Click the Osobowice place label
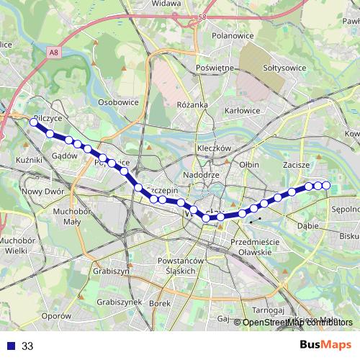point(118,102)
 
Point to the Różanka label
point(192,104)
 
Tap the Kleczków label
point(213,148)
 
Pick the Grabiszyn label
point(110,271)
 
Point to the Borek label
point(159,304)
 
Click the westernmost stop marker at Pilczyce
point(33,122)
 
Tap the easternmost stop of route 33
point(326,186)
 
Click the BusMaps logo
point(325,346)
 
